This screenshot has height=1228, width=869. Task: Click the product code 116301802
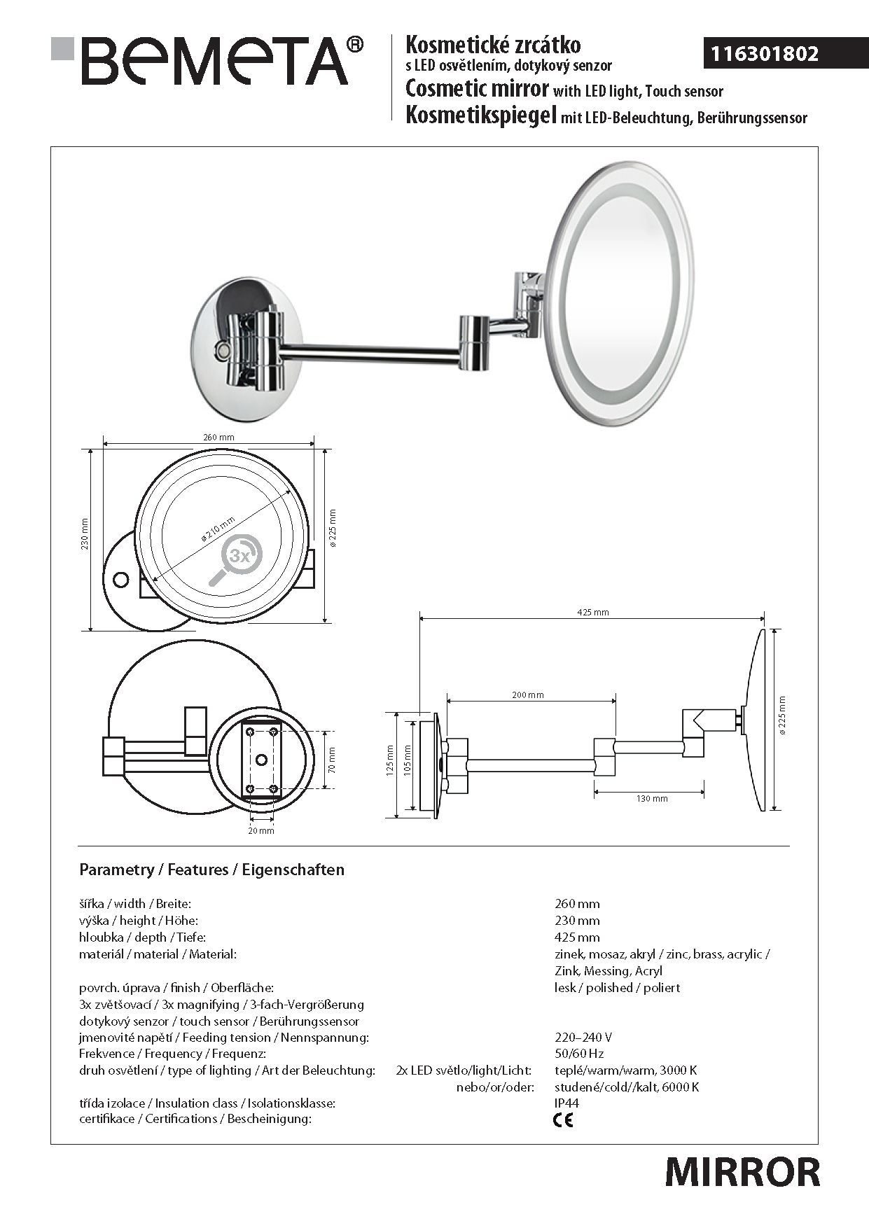765,54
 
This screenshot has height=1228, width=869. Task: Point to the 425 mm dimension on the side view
592,612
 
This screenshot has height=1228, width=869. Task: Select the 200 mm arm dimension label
527,695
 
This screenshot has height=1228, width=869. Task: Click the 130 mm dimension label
652,798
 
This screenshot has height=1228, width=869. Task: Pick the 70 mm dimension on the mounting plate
332,760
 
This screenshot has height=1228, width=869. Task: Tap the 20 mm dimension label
261,830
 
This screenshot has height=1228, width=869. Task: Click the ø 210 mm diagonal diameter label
218,529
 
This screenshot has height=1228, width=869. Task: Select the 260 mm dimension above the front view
218,437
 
